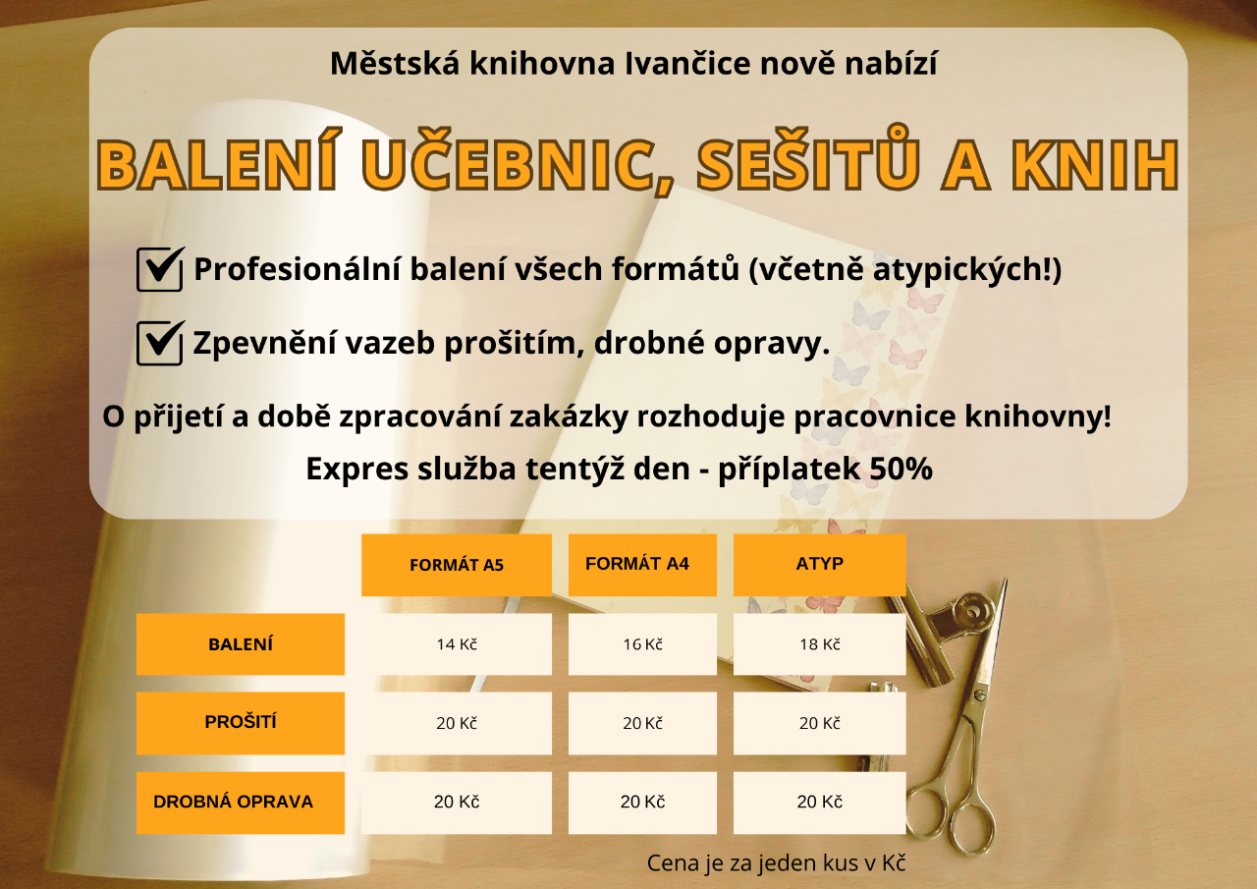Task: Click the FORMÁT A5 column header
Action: [457, 565]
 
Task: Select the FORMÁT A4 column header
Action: [642, 565]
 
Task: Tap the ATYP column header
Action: [819, 565]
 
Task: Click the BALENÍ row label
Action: [241, 644]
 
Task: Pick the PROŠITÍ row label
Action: [241, 723]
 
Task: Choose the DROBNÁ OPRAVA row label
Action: [241, 803]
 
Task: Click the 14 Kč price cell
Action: [457, 644]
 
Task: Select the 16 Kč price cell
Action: [642, 644]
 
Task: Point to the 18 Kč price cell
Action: [819, 644]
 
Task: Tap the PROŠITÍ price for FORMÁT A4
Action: [642, 723]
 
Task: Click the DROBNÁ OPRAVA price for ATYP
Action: [819, 803]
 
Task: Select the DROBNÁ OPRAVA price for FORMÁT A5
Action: [457, 803]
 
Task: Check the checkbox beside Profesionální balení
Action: [160, 269]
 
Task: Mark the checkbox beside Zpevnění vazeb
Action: [160, 343]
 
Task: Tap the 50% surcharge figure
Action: [901, 470]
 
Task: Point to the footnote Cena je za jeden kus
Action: [776, 863]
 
